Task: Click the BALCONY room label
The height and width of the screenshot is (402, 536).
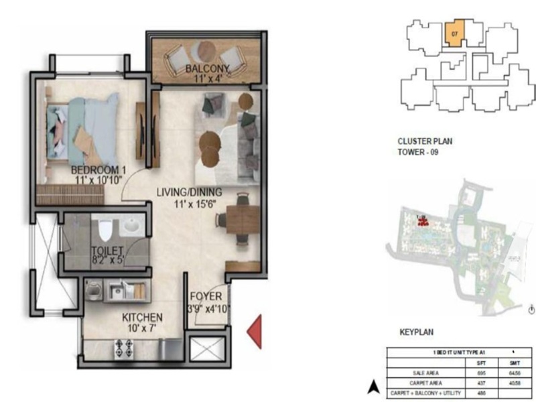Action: click(x=208, y=68)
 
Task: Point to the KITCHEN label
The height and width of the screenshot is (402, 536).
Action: click(x=141, y=317)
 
